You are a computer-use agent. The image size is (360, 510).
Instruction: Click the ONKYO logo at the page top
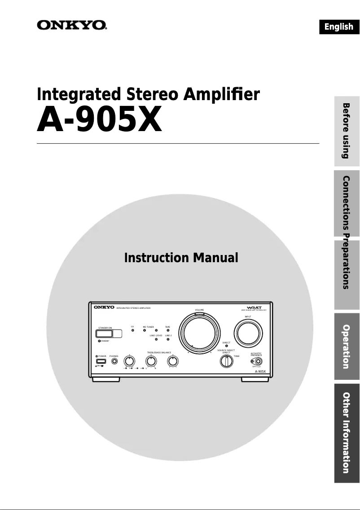click(72, 25)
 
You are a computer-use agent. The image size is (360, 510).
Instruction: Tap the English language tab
click(339, 26)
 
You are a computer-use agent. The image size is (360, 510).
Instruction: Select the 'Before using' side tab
click(347, 131)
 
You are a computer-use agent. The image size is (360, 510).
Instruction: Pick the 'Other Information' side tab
click(347, 433)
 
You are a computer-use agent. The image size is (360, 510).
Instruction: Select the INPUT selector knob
click(248, 333)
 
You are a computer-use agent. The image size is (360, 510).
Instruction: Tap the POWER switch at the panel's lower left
click(101, 361)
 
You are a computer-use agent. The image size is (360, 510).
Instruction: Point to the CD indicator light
click(132, 330)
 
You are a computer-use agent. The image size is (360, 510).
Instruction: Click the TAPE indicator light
click(168, 330)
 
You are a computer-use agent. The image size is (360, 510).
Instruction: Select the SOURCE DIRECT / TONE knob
click(226, 361)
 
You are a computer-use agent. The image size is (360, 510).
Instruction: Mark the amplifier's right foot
click(254, 380)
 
